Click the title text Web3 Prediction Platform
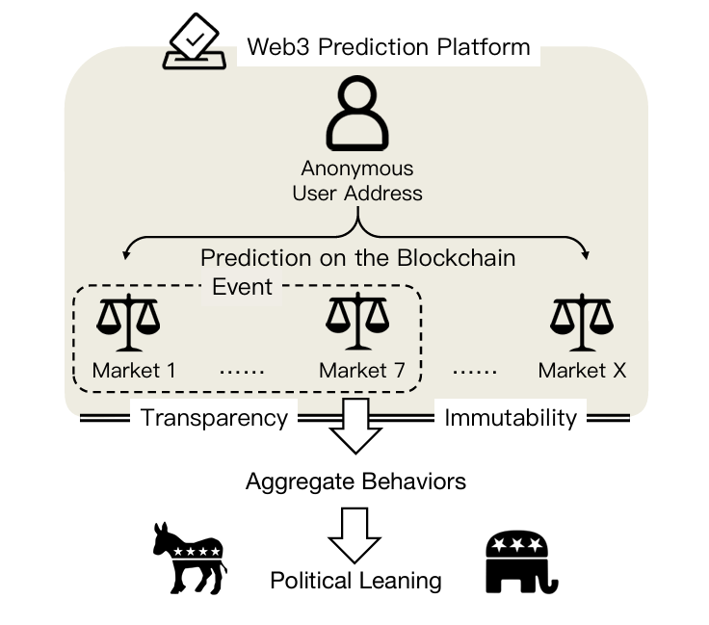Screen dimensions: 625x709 tap(388, 46)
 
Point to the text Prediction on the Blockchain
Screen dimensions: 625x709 tap(357, 258)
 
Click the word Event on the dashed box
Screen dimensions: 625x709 tap(242, 286)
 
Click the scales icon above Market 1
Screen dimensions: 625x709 tap(129, 324)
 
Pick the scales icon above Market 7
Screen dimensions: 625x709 tap(356, 324)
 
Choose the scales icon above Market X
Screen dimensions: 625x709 tap(582, 324)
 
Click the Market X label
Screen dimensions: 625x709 tap(582, 370)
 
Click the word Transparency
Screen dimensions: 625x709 tap(214, 418)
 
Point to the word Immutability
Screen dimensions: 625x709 tap(511, 418)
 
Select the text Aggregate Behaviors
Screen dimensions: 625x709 tap(355, 481)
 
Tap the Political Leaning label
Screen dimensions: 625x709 tap(355, 581)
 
